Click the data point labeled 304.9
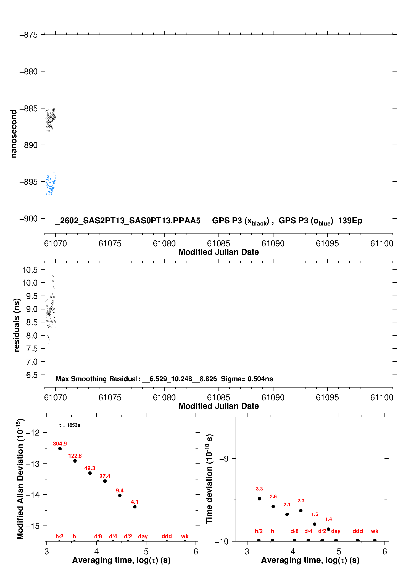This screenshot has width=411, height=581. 60,449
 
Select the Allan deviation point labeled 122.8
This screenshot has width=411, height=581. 75,461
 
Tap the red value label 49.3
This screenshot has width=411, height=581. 90,468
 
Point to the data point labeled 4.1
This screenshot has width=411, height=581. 135,507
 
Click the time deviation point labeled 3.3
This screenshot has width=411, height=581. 259,499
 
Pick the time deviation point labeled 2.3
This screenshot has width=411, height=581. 301,511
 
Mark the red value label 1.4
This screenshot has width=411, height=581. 328,519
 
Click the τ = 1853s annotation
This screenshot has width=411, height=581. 70,425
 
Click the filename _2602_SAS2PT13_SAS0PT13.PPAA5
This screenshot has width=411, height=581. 128,221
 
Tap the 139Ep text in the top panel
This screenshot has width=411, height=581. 350,221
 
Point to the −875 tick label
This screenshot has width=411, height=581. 28,35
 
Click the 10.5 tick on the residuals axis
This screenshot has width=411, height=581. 30,270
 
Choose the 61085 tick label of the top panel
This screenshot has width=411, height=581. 218,243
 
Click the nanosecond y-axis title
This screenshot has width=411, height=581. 14,134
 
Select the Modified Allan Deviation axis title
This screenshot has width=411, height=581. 20,479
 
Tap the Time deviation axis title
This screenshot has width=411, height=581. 209,479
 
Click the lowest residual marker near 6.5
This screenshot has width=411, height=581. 56,374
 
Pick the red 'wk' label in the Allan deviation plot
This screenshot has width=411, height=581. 185,536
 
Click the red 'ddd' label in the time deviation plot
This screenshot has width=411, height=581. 358,531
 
